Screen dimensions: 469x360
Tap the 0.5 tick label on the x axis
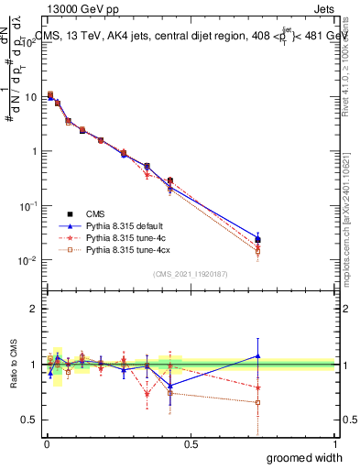click(191, 444)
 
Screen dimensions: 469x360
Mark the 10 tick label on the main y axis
click(31, 96)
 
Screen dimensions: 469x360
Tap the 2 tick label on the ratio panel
click(35, 309)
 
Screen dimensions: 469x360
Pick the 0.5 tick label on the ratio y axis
click(30, 420)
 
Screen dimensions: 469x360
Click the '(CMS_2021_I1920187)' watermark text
click(191, 274)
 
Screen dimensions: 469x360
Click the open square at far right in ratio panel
click(258, 402)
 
